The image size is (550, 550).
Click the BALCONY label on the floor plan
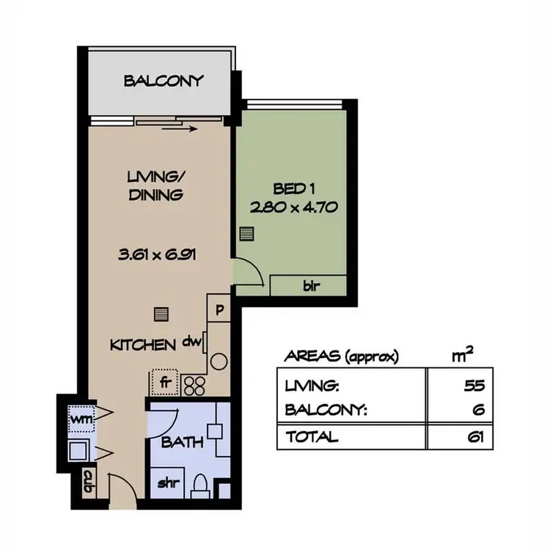click(x=163, y=81)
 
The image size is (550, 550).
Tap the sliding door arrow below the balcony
click(x=180, y=131)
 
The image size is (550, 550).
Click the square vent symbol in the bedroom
click(x=247, y=234)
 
